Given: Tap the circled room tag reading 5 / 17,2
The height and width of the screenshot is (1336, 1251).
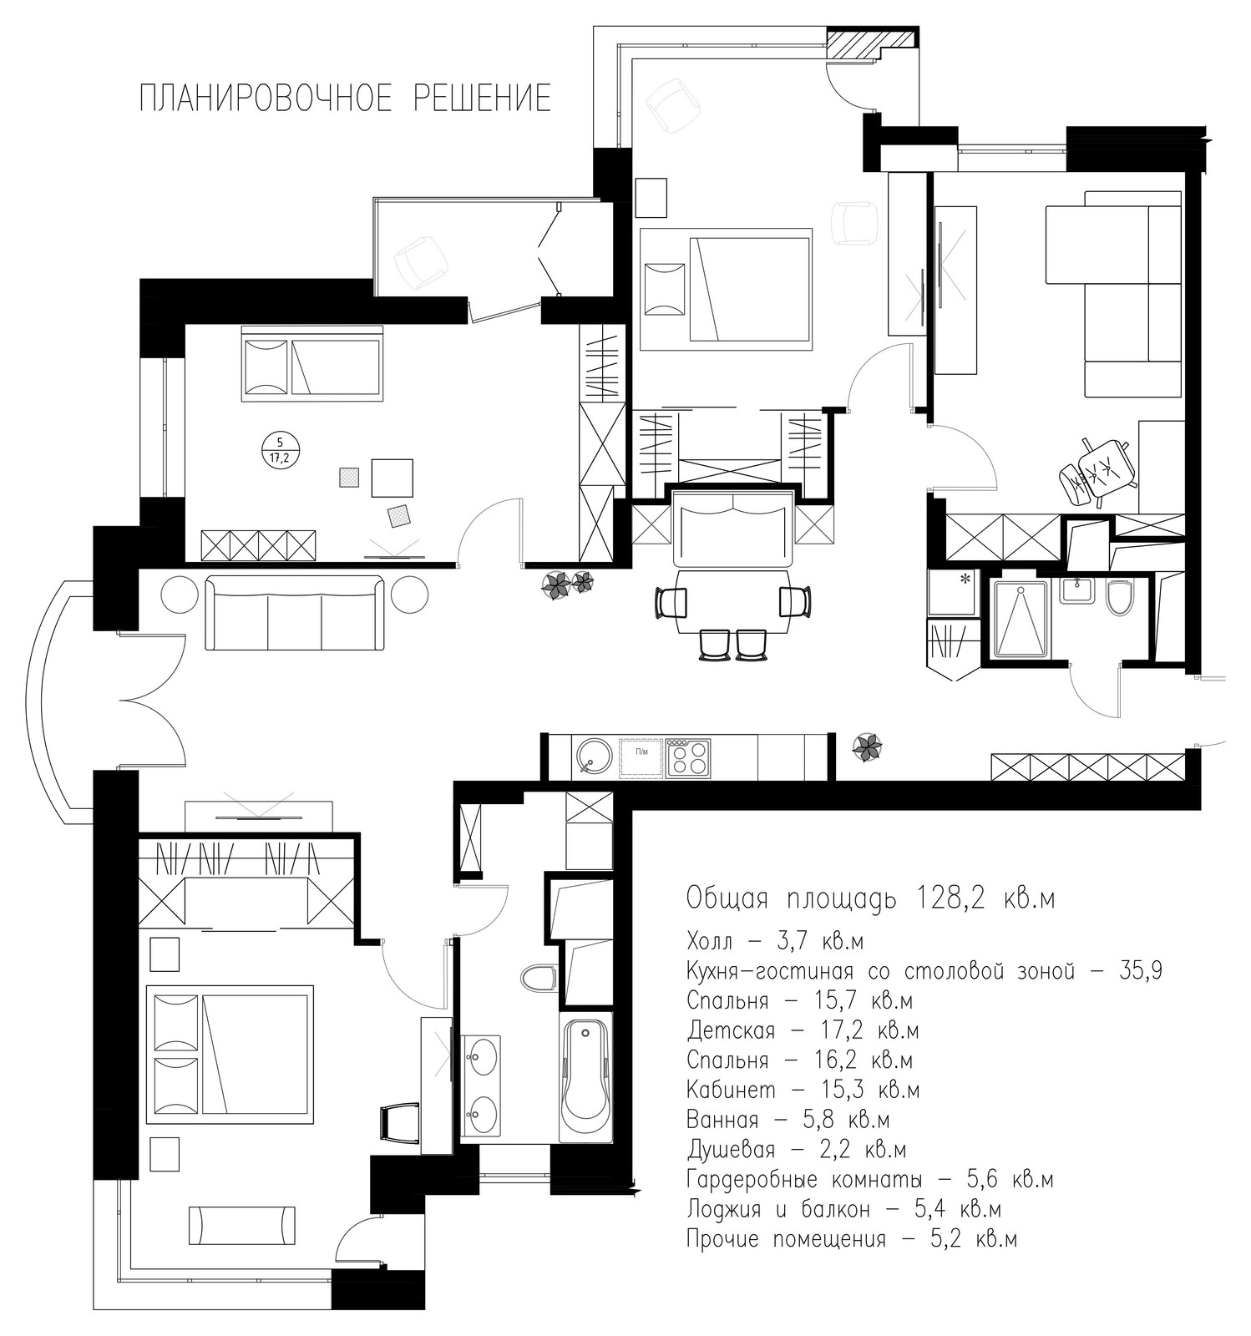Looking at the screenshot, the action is tap(280, 449).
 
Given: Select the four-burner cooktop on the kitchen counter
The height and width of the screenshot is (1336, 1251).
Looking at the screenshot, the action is tap(688, 757).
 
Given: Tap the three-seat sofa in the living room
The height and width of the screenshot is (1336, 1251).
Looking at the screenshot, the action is tap(295, 612).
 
